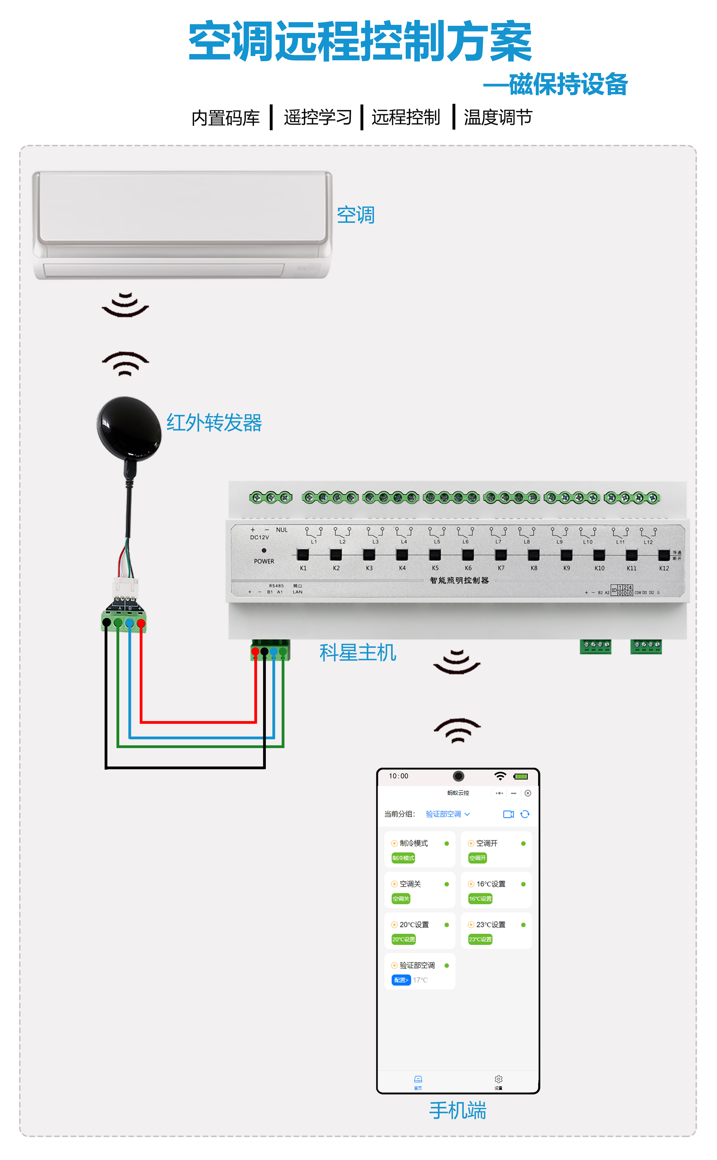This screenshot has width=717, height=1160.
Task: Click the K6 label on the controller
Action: (468, 568)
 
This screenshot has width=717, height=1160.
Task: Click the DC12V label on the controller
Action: (259, 537)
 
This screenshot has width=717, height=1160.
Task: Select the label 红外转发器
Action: (214, 423)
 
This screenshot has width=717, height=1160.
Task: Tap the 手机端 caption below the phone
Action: (458, 1111)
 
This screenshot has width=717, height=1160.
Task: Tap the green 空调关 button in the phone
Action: (401, 899)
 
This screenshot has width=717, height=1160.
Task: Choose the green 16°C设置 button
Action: (480, 899)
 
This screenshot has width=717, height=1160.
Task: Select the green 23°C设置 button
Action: (480, 939)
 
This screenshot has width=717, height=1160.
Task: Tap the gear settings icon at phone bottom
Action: (498, 1079)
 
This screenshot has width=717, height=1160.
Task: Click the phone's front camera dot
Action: (458, 776)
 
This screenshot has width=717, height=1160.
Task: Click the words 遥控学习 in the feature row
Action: (318, 117)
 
